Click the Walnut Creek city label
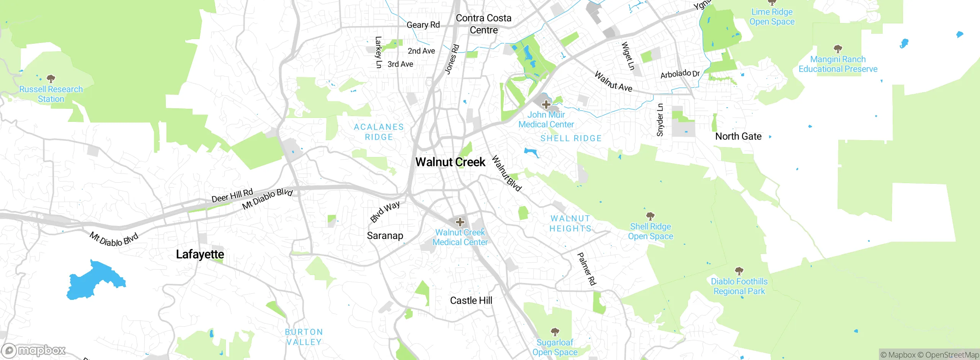click(450, 162)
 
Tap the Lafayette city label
click(200, 254)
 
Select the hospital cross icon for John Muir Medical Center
click(546, 104)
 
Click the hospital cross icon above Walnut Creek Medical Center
click(460, 222)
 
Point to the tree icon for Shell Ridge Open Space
click(650, 216)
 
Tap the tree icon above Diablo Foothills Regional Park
click(739, 271)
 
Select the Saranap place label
click(385, 236)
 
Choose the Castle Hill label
click(471, 301)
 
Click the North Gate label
click(738, 136)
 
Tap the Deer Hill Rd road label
click(232, 195)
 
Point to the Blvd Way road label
click(385, 211)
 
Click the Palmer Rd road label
click(586, 269)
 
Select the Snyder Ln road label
click(660, 120)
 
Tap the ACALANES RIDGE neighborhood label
click(379, 132)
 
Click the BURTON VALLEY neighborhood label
click(304, 337)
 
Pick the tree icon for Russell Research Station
click(51, 79)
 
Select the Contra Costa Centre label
click(483, 24)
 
